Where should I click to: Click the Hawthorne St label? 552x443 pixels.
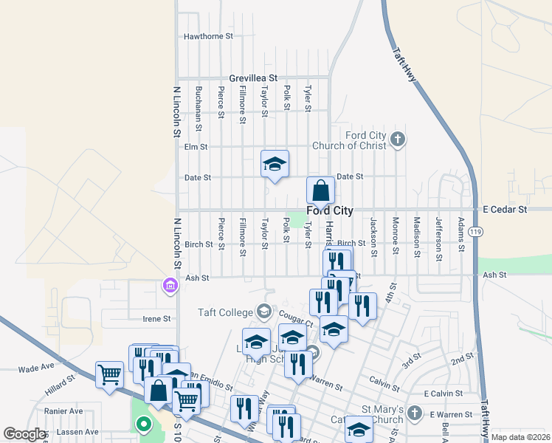tap(208, 35)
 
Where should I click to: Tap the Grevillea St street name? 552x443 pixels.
tap(252, 78)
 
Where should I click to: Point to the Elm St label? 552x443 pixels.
tap(196, 147)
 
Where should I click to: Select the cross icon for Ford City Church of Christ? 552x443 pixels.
tap(398, 140)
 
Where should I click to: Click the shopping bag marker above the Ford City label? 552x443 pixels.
tap(321, 191)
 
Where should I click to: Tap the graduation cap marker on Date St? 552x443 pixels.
tap(275, 165)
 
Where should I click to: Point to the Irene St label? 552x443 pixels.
tap(156, 319)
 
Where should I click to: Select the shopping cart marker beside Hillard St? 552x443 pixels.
tap(109, 374)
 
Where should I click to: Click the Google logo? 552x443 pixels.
tap(24, 434)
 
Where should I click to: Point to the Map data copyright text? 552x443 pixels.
tap(520, 437)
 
